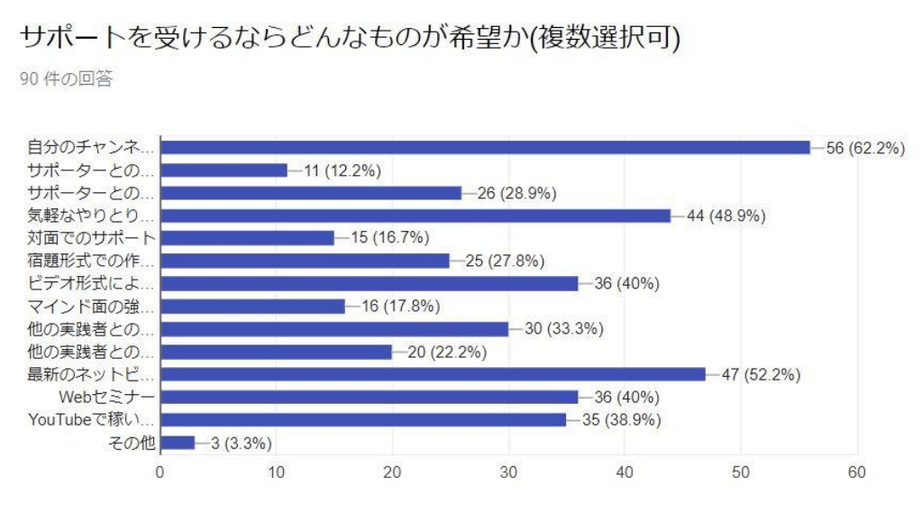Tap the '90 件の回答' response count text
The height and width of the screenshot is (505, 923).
coord(66,79)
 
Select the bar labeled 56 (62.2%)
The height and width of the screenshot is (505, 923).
coord(485,148)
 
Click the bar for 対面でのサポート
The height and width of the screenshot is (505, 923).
coord(247,238)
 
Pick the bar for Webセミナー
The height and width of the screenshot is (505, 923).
coord(369,398)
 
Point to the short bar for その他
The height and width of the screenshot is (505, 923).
coord(177,443)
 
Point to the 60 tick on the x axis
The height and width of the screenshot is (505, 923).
coord(856,472)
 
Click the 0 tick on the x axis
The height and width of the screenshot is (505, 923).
coord(160,472)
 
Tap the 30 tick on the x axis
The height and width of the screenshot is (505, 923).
coord(508,472)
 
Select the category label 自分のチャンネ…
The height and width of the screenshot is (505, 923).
coord(91,148)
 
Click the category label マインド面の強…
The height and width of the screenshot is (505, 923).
coord(91,307)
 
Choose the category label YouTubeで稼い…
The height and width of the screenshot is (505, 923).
coord(91,420)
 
